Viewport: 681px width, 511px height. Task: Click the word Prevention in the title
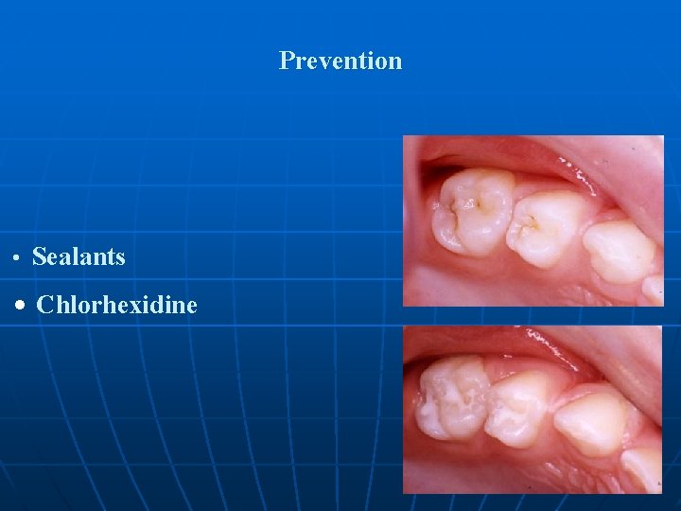(340, 61)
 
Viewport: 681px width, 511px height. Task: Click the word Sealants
(79, 256)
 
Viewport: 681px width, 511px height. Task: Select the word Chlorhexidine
(116, 305)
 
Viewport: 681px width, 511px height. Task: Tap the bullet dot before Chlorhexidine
(21, 306)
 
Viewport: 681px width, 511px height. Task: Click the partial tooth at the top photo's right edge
(654, 287)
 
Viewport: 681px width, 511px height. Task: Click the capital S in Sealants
(39, 256)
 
